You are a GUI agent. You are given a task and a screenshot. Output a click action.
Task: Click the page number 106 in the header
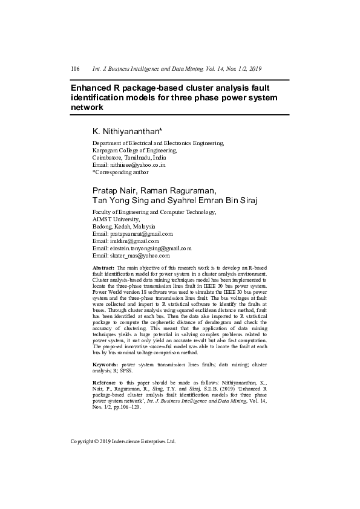[x=75, y=69]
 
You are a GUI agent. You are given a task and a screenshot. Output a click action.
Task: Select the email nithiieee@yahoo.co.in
[x=137, y=164]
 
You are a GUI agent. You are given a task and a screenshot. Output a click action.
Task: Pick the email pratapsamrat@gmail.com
[x=141, y=233]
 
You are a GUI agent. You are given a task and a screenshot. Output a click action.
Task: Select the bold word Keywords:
[x=105, y=365]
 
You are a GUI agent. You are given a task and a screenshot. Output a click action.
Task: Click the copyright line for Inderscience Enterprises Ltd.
[x=123, y=441]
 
